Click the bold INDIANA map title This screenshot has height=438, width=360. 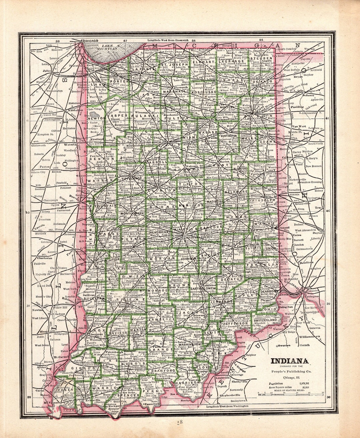coord(289,361)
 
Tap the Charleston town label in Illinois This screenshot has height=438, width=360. coord(44,258)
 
